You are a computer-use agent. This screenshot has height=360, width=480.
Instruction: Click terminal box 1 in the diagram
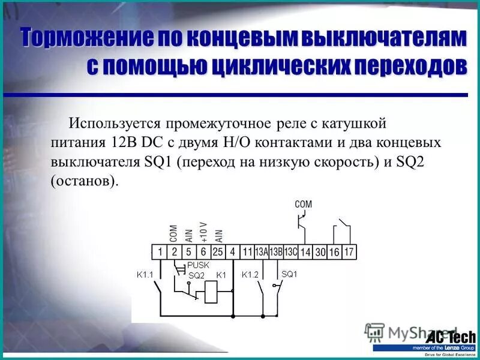click(160, 253)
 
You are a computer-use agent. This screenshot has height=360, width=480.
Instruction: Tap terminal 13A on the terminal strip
click(262, 253)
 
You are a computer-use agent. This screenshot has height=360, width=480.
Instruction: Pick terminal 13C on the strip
click(290, 253)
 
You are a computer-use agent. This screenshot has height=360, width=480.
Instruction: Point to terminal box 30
click(320, 253)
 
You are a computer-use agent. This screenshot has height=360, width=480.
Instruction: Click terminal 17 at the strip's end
click(349, 253)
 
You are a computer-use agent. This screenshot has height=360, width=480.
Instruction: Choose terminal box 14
click(306, 253)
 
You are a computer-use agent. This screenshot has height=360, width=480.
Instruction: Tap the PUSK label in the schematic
click(198, 265)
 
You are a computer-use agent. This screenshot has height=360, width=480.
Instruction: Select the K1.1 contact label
click(145, 275)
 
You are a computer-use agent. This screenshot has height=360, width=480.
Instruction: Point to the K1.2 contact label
click(250, 275)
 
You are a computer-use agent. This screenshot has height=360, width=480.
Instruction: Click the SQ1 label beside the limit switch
click(289, 275)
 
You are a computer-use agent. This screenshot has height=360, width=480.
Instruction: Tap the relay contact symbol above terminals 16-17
click(341, 229)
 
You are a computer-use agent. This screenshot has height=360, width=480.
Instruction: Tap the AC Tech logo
click(451, 337)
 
